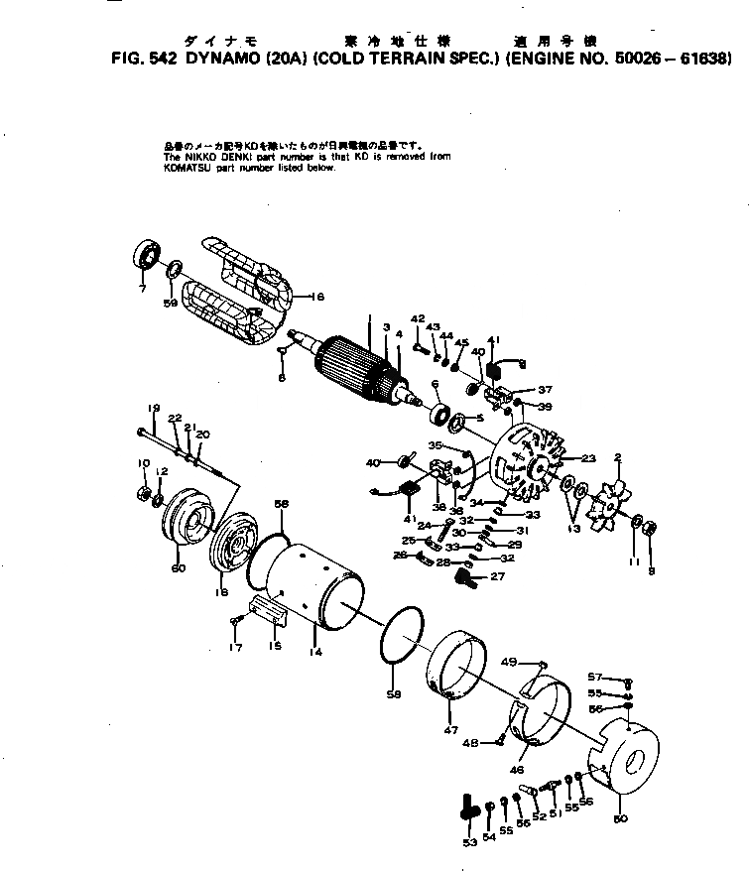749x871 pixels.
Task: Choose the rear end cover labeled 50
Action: pos(623,760)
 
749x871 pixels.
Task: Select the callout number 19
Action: pos(154,409)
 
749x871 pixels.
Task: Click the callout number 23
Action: pos(588,458)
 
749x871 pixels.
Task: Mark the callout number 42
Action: pos(418,317)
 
